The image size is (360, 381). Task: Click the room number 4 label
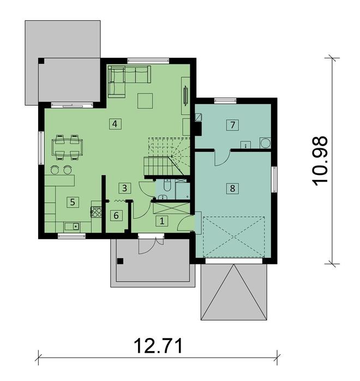click(x=114, y=124)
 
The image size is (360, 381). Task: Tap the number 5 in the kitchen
click(x=71, y=202)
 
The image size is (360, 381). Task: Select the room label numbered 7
click(x=232, y=125)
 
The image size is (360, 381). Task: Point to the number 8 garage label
click(x=232, y=189)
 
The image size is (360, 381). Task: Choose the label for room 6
click(x=116, y=215)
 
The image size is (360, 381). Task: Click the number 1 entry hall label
click(x=161, y=221)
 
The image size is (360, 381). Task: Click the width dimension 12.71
click(x=158, y=346)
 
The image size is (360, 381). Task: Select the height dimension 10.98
click(x=321, y=161)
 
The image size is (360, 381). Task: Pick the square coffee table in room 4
click(x=145, y=100)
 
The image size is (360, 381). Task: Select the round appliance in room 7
click(x=265, y=143)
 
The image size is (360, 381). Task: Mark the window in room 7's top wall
click(x=225, y=100)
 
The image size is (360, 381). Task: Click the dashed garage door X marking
click(x=233, y=237)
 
